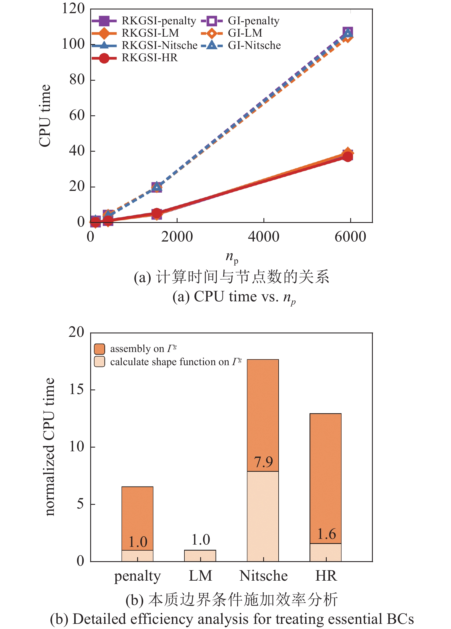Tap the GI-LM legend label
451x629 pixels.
pos(245,33)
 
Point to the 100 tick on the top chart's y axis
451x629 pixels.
pos(73,44)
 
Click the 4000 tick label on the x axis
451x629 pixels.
pos(263,237)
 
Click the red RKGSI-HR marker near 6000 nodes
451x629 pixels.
pos(348,157)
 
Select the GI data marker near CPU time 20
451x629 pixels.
pos(157,187)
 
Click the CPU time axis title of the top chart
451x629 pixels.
pos(45,116)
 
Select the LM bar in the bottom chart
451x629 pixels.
pos(200,555)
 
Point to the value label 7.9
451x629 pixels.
pos(263,462)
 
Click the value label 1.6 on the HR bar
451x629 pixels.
pos(326,534)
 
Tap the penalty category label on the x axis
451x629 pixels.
pos(137,576)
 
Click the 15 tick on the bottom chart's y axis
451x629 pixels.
pos(76,389)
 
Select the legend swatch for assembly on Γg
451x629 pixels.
pos(99,349)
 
